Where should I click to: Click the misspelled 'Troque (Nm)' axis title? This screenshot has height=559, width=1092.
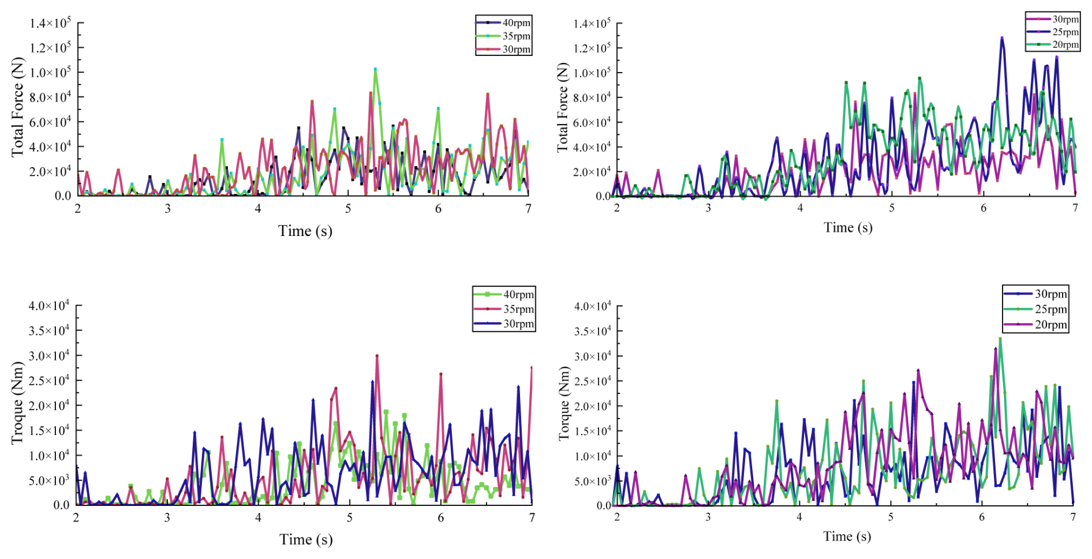[x=17, y=403]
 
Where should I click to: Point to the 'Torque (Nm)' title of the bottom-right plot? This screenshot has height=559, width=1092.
[x=564, y=403]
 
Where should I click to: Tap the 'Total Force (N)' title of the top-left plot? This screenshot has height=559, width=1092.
[x=17, y=107]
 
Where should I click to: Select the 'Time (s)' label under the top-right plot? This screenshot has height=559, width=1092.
[x=848, y=227]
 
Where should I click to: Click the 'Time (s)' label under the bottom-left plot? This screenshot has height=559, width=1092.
[x=305, y=539]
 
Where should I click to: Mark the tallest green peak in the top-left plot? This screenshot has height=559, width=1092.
[x=375, y=69]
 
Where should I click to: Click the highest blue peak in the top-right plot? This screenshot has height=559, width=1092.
[x=1002, y=38]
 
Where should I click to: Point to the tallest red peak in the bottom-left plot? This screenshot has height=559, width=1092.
[x=377, y=356]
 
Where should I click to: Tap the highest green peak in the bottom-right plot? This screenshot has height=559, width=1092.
[x=1000, y=339]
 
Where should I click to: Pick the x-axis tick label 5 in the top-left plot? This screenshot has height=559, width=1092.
[x=348, y=209]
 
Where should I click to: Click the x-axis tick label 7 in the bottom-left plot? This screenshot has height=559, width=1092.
[x=532, y=517]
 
